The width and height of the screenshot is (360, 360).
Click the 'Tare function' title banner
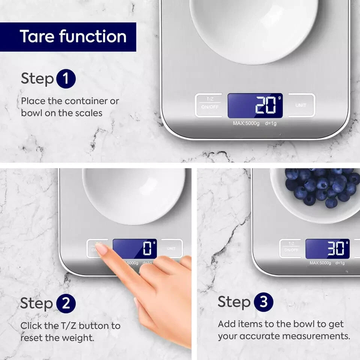(68, 37)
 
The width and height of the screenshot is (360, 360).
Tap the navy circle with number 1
(66, 79)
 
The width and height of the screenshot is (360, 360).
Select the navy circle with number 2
(66, 303)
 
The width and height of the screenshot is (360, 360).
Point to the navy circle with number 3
(264, 302)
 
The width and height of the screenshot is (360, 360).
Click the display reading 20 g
(255, 105)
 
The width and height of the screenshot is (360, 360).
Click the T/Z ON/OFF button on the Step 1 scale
(209, 105)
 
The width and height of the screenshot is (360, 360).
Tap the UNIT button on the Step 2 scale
(172, 248)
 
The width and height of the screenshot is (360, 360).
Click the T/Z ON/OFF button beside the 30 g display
(291, 248)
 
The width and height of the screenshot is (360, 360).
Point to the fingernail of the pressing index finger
(101, 249)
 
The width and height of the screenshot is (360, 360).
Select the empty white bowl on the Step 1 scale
(254, 31)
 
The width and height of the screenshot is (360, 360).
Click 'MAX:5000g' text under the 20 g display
(246, 123)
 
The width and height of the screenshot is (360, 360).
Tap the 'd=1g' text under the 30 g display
(340, 263)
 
